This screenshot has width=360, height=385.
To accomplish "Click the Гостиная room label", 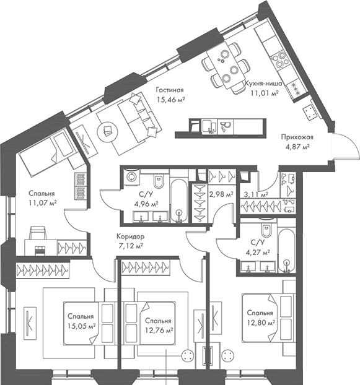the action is point(170,90).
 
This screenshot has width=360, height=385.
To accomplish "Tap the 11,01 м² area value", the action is point(265,93).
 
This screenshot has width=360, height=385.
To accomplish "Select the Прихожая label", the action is point(297,137).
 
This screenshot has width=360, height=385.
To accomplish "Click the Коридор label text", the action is point(131,236).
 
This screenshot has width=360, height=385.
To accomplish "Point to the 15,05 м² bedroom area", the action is point(82,326).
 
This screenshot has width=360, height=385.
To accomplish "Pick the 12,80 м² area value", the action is point(261,322).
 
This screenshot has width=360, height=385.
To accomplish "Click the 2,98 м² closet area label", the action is point(221,194).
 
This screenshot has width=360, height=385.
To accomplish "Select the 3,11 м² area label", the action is point(256,194).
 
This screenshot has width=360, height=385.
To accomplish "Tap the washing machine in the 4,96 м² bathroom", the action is point(131,176).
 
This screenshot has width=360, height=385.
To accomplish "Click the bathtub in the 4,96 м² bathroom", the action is point(179,201).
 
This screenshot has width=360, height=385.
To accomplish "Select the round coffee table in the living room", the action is point(107,130).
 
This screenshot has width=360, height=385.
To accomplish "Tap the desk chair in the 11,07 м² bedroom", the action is point(38,233).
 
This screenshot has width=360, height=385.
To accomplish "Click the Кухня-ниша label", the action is point(263,84).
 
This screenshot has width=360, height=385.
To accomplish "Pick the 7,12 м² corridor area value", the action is point(131,246).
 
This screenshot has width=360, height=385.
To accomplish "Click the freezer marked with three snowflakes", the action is point(296,89).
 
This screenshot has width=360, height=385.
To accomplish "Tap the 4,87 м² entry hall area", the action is point(297,147).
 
